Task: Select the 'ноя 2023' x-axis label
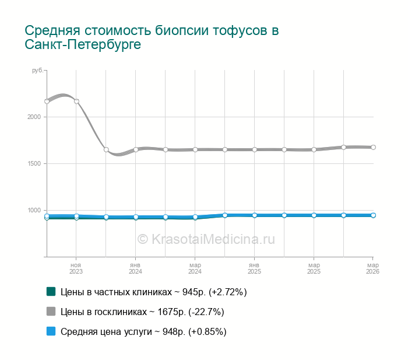(76, 268)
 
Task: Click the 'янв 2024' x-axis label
(136, 268)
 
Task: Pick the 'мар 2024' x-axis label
(195, 268)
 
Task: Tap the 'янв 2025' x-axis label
(254, 268)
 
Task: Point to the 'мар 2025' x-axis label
(314, 268)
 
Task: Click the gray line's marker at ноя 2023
(76, 101)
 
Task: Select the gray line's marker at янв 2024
(136, 149)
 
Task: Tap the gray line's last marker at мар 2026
(373, 147)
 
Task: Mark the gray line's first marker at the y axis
(47, 101)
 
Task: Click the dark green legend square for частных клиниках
(51, 292)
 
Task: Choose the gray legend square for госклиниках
(51, 312)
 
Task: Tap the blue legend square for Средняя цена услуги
(51, 331)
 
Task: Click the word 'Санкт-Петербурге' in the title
(83, 45)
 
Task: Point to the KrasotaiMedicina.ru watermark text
(206, 239)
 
